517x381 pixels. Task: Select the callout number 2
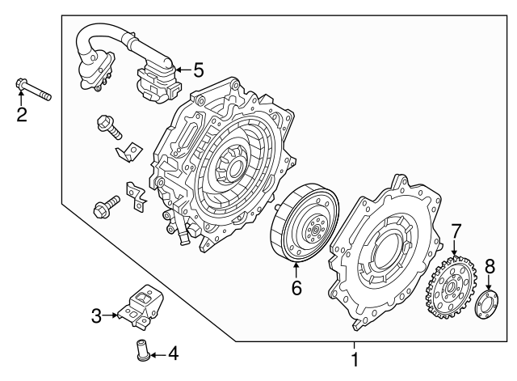tap(22, 115)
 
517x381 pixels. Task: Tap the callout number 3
tap(96, 316)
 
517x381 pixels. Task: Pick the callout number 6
tap(296, 287)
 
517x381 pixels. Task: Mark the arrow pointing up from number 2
tap(22, 99)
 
